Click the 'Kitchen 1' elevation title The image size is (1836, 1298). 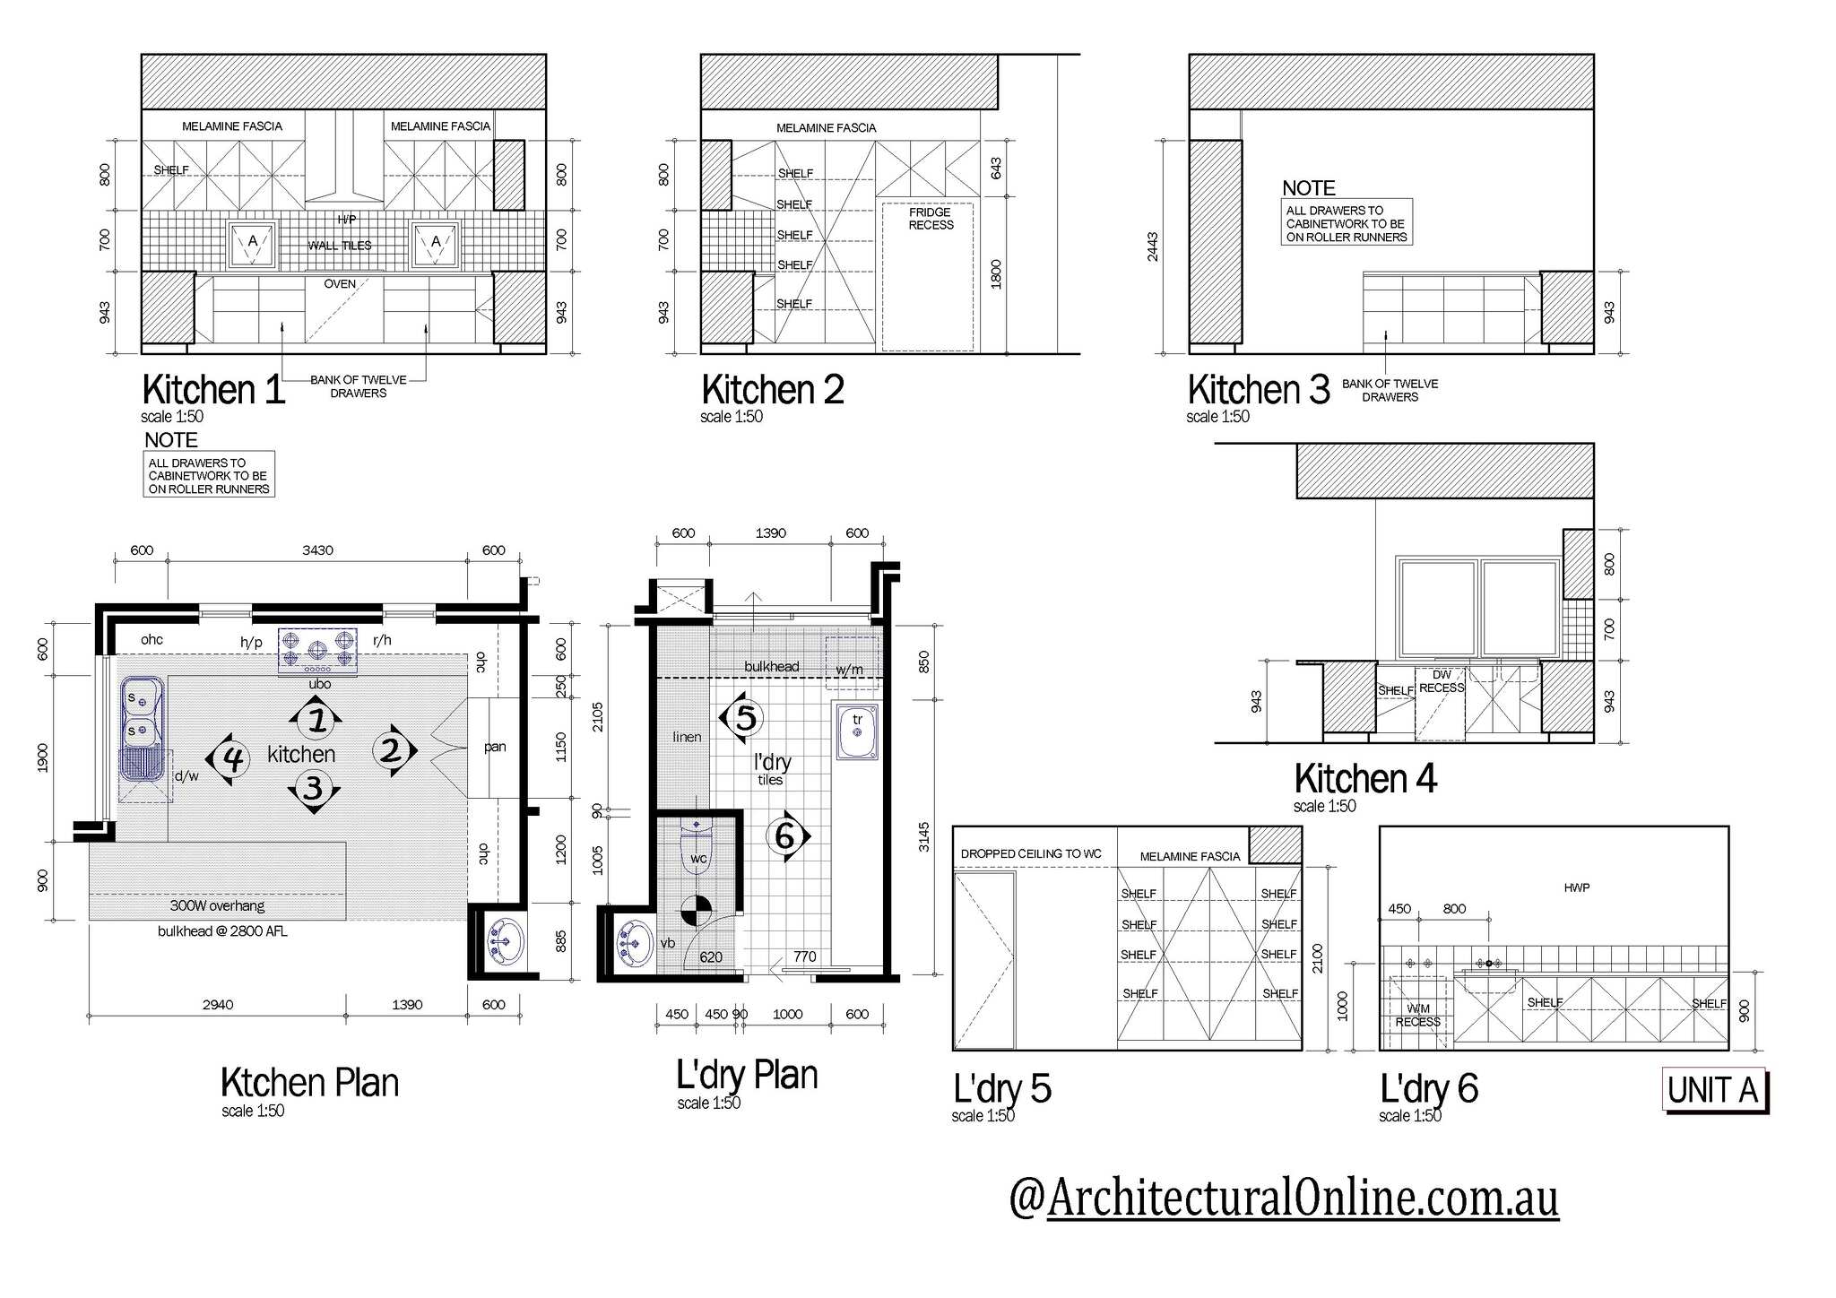213,390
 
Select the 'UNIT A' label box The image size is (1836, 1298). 1714,1090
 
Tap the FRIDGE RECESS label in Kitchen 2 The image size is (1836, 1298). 931,219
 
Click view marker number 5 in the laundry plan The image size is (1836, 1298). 742,717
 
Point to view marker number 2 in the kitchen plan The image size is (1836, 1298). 393,749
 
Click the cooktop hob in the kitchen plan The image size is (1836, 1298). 318,651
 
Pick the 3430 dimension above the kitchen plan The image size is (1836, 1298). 317,550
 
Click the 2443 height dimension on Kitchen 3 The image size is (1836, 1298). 1153,247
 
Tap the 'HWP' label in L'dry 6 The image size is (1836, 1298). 1576,887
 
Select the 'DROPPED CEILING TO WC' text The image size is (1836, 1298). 1031,853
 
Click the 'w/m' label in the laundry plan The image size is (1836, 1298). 849,670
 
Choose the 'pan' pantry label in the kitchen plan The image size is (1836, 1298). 495,747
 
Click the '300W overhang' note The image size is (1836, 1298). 217,905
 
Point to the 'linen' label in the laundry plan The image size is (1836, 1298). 687,737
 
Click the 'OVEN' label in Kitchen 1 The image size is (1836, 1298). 340,284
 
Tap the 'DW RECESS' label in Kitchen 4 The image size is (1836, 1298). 1442,681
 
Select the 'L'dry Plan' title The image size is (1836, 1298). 747,1075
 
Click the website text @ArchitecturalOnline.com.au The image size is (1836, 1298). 1284,1198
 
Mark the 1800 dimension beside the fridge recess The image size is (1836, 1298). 995,274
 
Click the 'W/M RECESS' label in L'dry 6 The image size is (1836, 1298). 1417,1016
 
